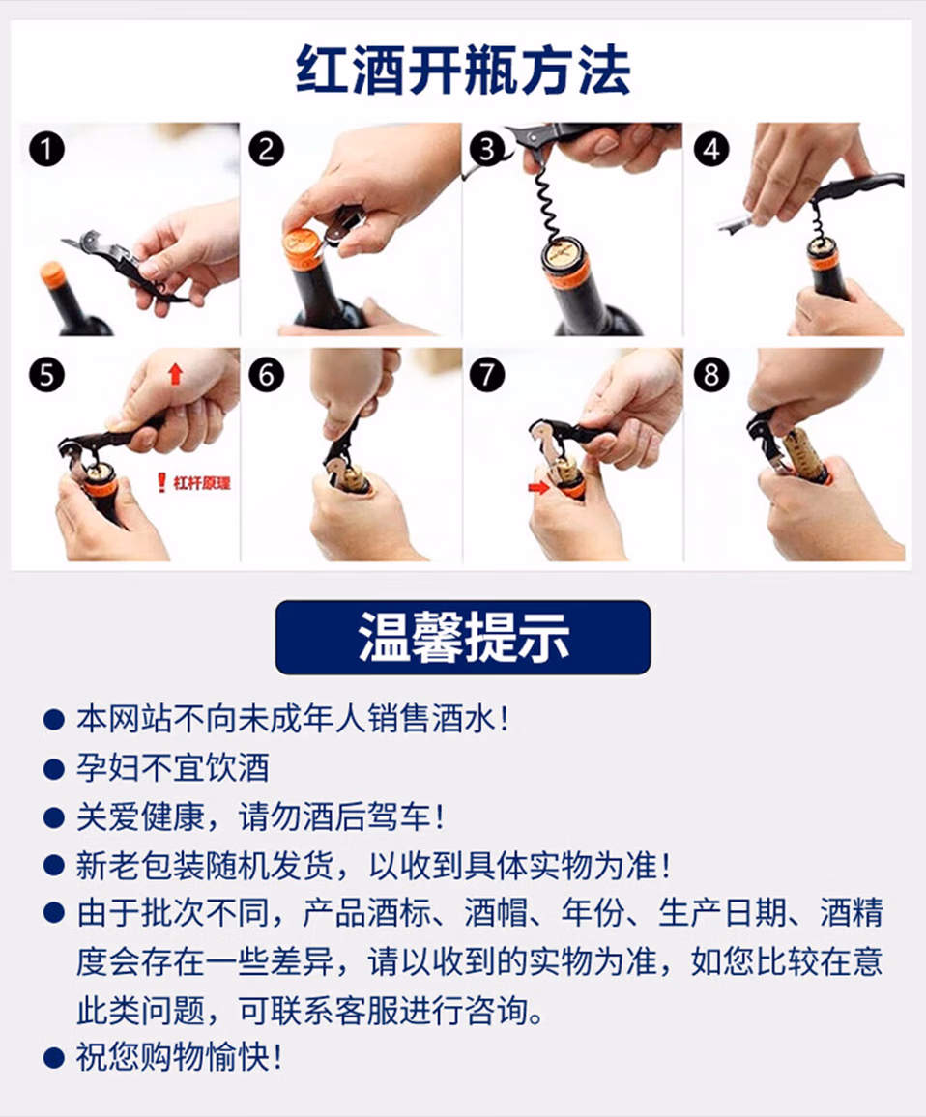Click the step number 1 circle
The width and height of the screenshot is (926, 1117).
tap(46, 150)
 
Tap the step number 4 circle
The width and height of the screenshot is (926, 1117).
tap(710, 150)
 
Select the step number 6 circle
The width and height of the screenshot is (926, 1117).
tap(267, 375)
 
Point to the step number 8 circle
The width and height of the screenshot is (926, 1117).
tap(710, 375)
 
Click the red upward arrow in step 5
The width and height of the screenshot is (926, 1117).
tap(175, 373)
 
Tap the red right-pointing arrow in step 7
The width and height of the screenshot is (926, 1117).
tap(538, 487)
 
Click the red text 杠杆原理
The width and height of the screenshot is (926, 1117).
tap(202, 483)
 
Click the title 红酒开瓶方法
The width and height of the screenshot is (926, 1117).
tap(463, 71)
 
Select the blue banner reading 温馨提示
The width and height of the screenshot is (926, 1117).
tap(463, 637)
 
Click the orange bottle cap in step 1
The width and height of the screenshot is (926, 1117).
tap(51, 272)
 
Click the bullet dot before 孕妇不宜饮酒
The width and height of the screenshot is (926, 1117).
tap(53, 769)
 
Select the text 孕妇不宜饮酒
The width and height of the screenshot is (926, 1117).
tap(173, 768)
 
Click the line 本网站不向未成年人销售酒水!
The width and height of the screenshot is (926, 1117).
tap(293, 720)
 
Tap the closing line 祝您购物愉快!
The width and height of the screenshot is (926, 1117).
tap(180, 1057)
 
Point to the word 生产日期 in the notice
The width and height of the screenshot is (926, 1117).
tap(722, 913)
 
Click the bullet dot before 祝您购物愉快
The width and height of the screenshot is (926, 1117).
tap(53, 1058)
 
